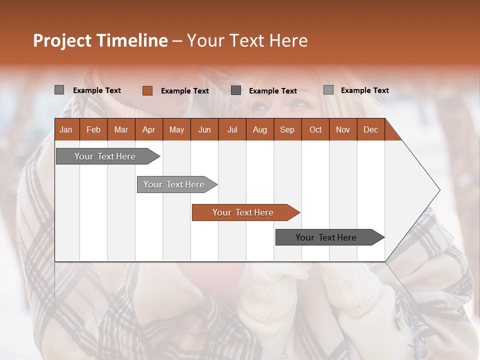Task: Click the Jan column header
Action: pyautogui.click(x=66, y=130)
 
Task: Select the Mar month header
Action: pyautogui.click(x=121, y=130)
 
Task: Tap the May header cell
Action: pyautogui.click(x=176, y=130)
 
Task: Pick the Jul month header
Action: pyautogui.click(x=232, y=130)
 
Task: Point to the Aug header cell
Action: pyautogui.click(x=259, y=130)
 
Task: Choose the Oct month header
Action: pyautogui.click(x=315, y=130)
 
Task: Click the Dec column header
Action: pyautogui.click(x=370, y=130)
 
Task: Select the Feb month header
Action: pyautogui.click(x=93, y=130)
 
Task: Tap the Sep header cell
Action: pyautogui.click(x=287, y=130)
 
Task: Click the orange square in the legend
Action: pyautogui.click(x=147, y=90)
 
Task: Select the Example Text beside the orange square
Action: pyautogui.click(x=184, y=91)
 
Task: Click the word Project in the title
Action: pyautogui.click(x=62, y=40)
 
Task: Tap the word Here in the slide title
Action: pyautogui.click(x=288, y=40)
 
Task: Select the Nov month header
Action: pyautogui.click(x=343, y=130)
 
